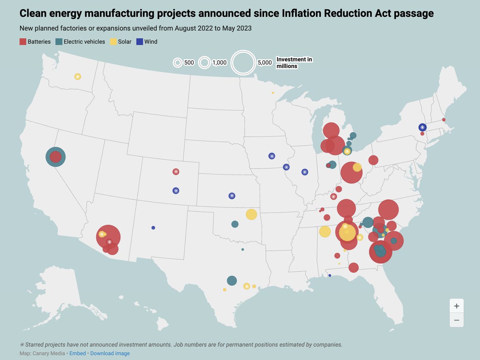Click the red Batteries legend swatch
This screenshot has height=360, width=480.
[23, 42]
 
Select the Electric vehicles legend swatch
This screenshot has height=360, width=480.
[59, 42]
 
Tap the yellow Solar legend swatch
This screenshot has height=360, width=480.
[113, 42]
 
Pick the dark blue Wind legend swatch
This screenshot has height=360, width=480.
[140, 42]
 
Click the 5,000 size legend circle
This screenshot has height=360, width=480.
[243, 63]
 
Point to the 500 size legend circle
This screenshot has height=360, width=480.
[178, 63]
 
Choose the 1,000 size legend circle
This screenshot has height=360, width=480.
[205, 63]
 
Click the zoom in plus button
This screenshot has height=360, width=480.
[456, 306]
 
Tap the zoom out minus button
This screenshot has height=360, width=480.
[456, 320]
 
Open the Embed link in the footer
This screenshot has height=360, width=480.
[78, 353]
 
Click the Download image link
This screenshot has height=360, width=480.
[110, 353]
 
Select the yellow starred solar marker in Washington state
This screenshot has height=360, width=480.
[78, 76]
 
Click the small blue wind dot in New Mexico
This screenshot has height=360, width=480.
[153, 228]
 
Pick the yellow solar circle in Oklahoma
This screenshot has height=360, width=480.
[251, 214]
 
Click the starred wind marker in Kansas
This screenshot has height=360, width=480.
[232, 196]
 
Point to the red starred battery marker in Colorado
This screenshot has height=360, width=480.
[176, 172]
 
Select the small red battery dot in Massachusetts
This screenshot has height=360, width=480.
[444, 120]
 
